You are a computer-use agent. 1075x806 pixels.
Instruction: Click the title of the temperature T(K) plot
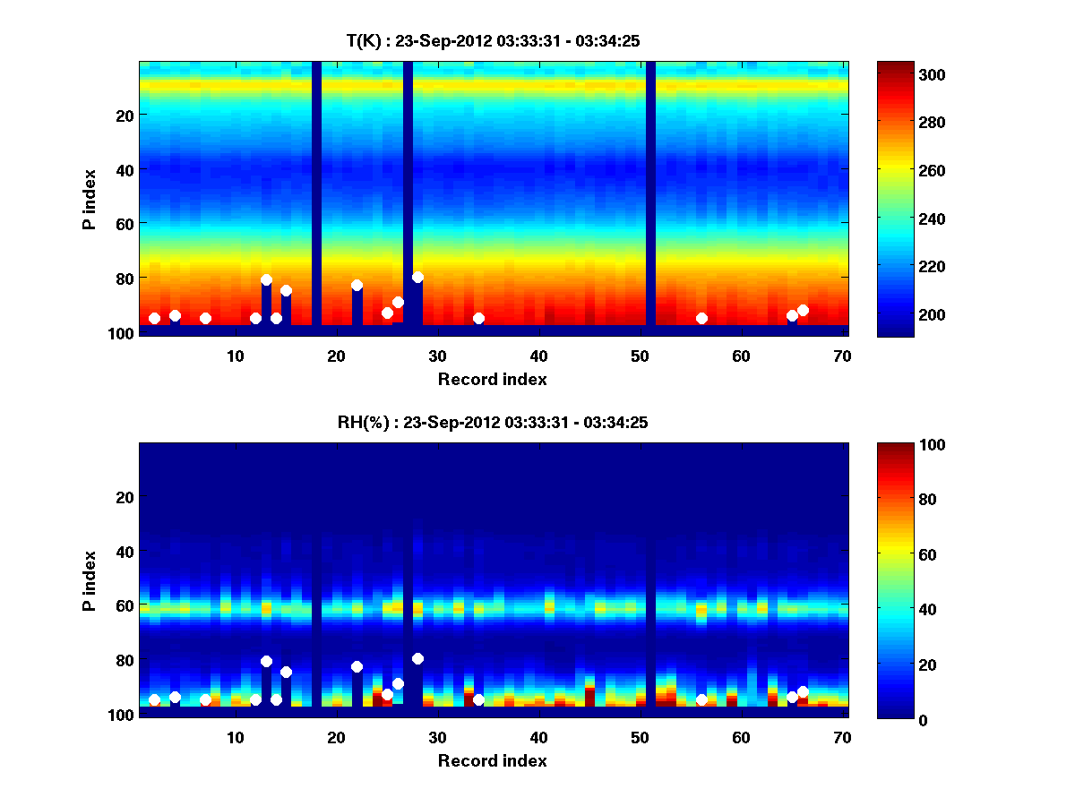[x=493, y=40]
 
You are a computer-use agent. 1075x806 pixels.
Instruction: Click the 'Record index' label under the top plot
[x=493, y=379]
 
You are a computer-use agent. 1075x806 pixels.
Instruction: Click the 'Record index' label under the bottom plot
[x=493, y=760]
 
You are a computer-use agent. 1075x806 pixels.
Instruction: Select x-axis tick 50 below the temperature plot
[x=640, y=356]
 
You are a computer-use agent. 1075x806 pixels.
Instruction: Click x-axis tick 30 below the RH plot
[x=437, y=737]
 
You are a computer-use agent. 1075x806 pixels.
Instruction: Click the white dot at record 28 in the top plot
[x=417, y=277]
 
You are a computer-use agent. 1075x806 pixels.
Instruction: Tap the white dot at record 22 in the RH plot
[x=357, y=666]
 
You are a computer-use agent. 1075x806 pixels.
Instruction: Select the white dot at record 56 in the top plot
[x=701, y=318]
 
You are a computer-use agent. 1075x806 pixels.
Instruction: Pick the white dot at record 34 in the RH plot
[x=478, y=699]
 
